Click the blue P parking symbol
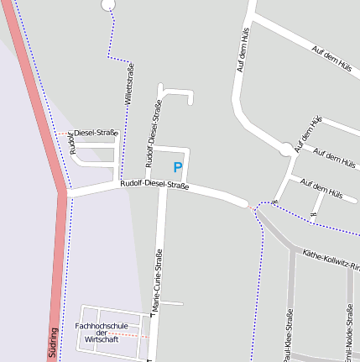coord(177,167)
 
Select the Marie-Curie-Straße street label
coord(156,281)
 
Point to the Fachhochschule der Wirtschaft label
coord(102,332)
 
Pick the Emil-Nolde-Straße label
coord(349,333)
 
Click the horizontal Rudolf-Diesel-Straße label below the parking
coord(153,184)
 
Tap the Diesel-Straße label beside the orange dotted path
coord(96,133)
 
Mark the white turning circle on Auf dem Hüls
coord(287,150)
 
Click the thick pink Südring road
coord(38,109)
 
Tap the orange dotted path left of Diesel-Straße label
coord(65,133)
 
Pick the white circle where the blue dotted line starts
coord(107,4)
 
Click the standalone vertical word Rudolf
coord(74,145)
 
